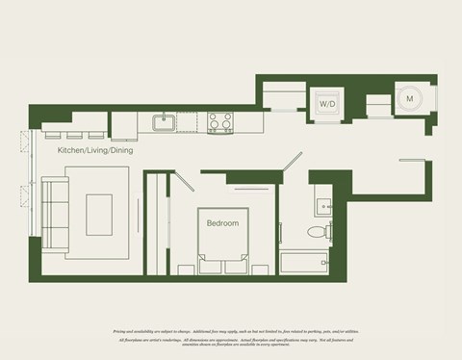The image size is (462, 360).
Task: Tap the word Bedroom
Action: (x=222, y=223)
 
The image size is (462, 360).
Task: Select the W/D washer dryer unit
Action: (x=327, y=102)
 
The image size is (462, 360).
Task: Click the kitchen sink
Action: (x=164, y=121)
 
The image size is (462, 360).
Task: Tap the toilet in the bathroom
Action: (x=316, y=232)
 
